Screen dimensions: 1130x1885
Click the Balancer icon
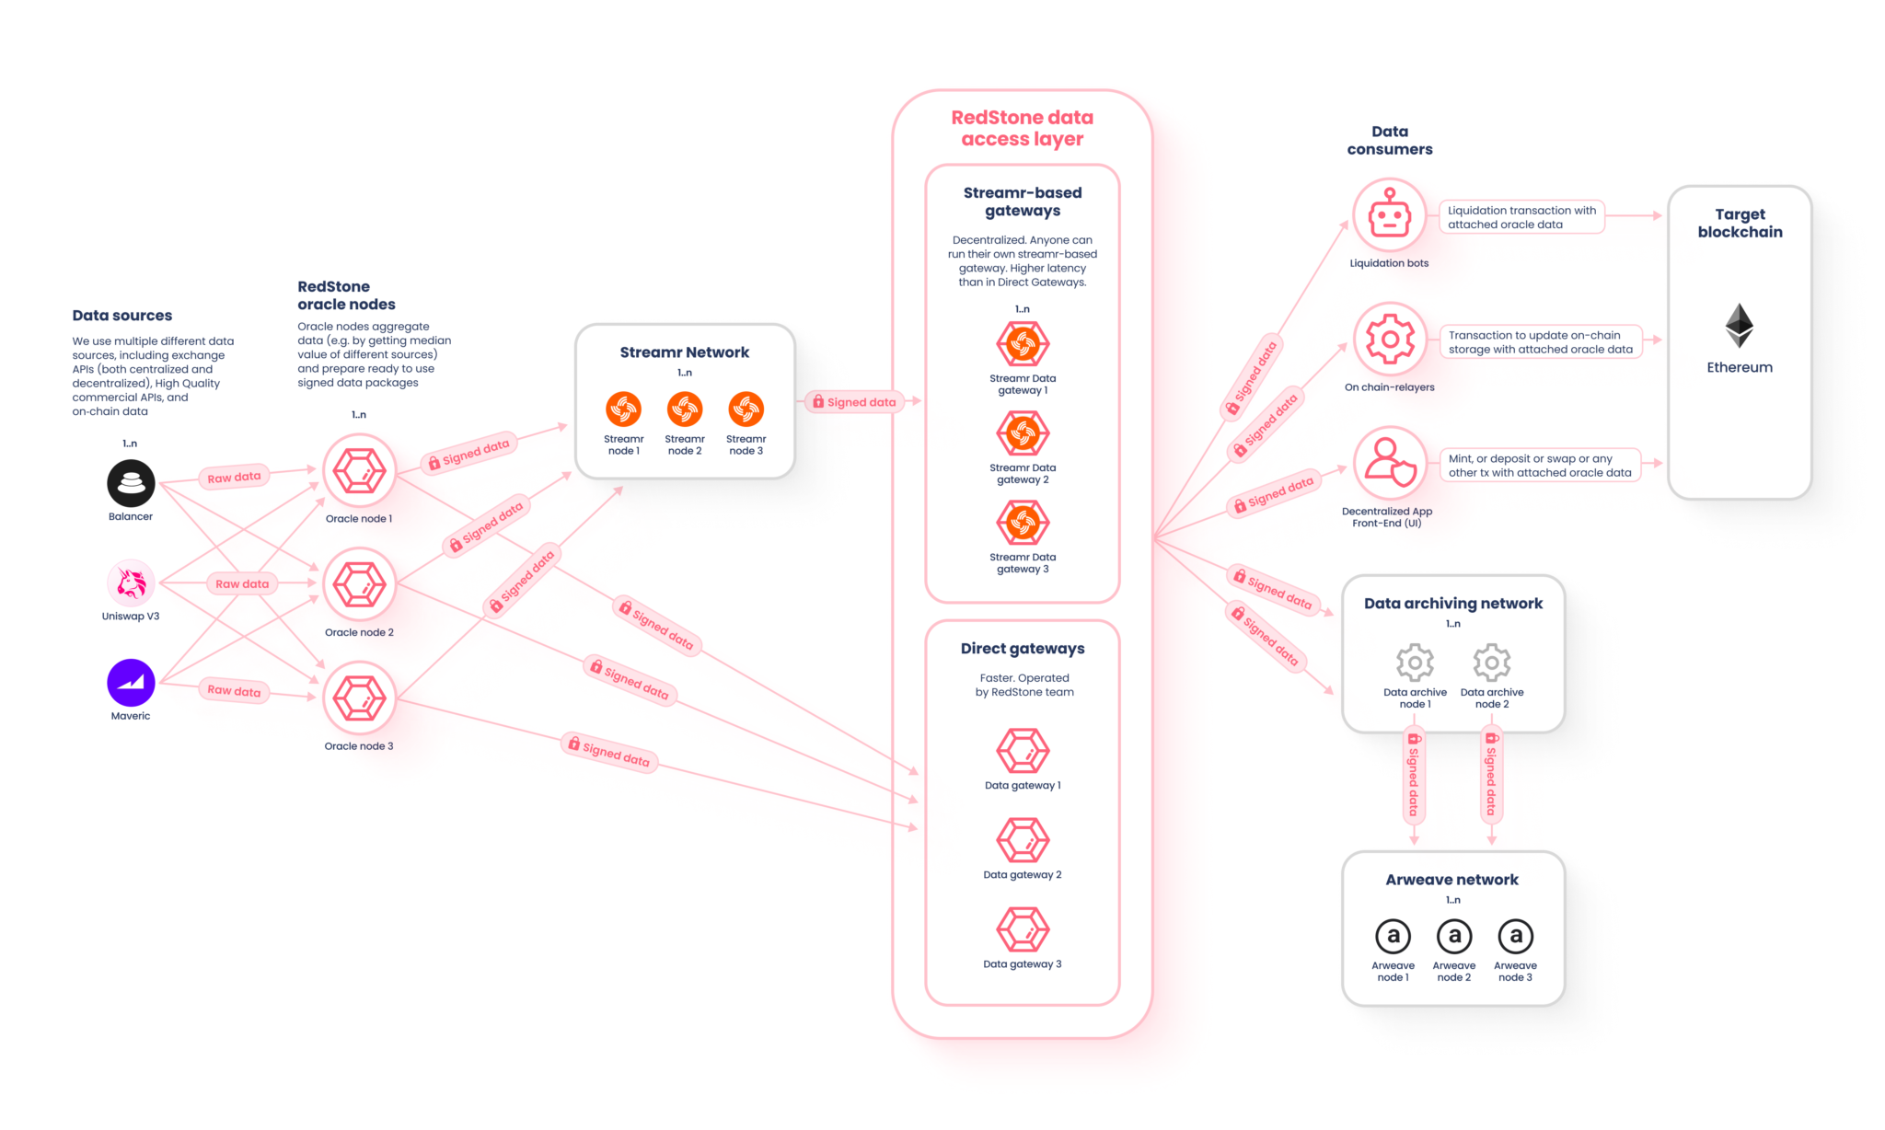tap(131, 483)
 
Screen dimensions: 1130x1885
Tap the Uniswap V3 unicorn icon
tap(131, 582)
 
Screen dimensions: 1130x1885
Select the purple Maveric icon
tap(131, 683)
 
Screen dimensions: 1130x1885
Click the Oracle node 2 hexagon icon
tap(359, 584)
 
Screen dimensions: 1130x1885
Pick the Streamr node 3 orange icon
tap(746, 409)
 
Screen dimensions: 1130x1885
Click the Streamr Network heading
tap(684, 352)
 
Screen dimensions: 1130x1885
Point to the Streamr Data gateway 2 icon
tap(1023, 433)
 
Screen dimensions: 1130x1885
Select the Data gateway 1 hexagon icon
tap(1023, 751)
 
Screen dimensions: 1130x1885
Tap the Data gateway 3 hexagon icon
tap(1023, 929)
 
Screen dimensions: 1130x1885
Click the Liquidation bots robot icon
tap(1389, 217)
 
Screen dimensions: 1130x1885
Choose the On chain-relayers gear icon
tap(1390, 340)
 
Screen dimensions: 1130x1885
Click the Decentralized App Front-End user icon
tap(1390, 463)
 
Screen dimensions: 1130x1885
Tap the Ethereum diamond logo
tap(1739, 326)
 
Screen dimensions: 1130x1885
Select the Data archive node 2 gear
tap(1491, 663)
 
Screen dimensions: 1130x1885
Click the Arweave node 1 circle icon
tap(1393, 937)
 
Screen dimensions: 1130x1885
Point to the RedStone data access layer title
tap(1022, 128)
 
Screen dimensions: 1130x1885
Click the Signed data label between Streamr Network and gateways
tap(853, 402)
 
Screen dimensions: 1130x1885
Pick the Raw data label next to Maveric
tap(234, 690)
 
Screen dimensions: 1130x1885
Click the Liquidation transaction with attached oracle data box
tap(1521, 217)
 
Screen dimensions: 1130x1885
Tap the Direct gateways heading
tap(1022, 649)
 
